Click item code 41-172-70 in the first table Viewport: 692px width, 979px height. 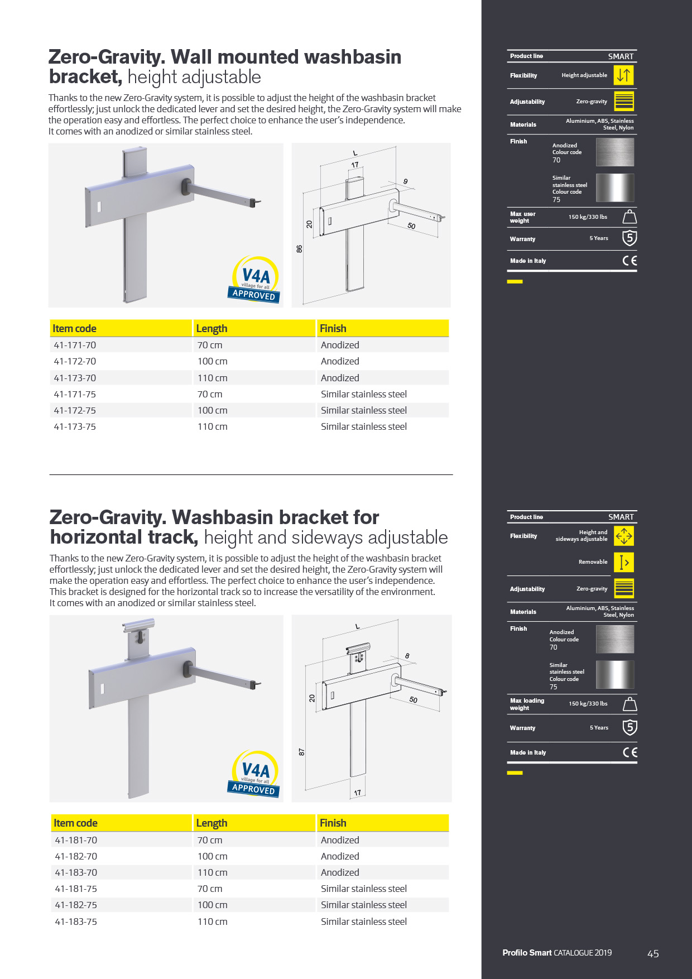[x=75, y=361]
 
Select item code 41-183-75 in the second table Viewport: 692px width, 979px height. [x=76, y=922]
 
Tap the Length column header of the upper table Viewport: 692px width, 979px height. [x=212, y=329]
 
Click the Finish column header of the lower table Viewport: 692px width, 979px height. [x=333, y=823]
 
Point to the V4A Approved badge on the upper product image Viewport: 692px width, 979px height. [x=255, y=279]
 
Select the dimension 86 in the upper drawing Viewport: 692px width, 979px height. [x=300, y=249]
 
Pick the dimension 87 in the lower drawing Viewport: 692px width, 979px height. [x=302, y=752]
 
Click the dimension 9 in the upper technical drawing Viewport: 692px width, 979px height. [x=406, y=181]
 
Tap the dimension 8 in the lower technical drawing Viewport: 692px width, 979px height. [x=407, y=656]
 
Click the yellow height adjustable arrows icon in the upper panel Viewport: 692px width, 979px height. [x=624, y=75]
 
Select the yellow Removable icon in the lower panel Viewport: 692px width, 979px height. [x=624, y=562]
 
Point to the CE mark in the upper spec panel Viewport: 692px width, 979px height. [x=629, y=261]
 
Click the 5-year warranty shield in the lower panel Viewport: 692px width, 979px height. [x=629, y=727]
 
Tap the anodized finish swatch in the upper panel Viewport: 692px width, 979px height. [x=615, y=152]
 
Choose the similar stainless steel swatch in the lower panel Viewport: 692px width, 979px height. [x=615, y=674]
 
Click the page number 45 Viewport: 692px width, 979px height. [x=653, y=954]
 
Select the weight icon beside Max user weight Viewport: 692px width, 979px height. [x=629, y=217]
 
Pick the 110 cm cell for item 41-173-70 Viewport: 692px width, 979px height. [x=213, y=378]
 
